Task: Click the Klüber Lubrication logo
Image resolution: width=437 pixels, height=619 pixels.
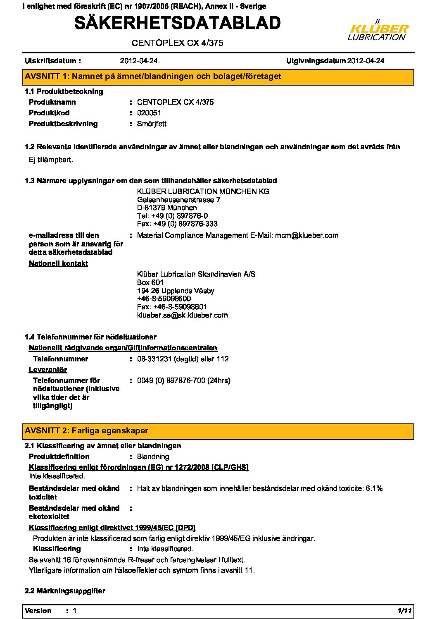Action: pyautogui.click(x=378, y=31)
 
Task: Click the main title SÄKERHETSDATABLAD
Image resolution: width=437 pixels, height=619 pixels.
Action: pyautogui.click(x=178, y=23)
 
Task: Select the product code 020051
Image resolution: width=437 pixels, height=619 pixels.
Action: pyautogui.click(x=149, y=113)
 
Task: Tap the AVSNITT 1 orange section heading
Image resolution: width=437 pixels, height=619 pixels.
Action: pyautogui.click(x=153, y=76)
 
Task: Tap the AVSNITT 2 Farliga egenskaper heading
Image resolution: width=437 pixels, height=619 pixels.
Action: pyautogui.click(x=86, y=431)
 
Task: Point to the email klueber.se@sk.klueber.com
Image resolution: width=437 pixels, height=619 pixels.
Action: pyautogui.click(x=182, y=315)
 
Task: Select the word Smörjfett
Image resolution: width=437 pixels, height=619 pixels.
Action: pyautogui.click(x=152, y=124)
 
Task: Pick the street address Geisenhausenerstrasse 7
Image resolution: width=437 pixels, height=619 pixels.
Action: pyautogui.click(x=178, y=200)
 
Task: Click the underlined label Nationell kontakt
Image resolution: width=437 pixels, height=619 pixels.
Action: pyautogui.click(x=58, y=264)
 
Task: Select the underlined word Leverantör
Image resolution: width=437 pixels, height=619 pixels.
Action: pyautogui.click(x=48, y=370)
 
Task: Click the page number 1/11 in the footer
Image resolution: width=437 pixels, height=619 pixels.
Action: pyautogui.click(x=404, y=611)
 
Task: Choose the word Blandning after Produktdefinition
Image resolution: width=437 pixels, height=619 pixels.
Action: pyautogui.click(x=153, y=457)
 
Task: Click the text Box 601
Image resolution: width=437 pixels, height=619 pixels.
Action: pyautogui.click(x=150, y=282)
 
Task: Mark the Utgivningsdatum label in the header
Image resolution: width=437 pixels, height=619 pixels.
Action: pyautogui.click(x=316, y=61)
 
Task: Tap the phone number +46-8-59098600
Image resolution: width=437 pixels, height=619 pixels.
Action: pyautogui.click(x=164, y=299)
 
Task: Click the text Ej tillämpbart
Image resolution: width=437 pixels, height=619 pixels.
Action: pyautogui.click(x=51, y=160)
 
